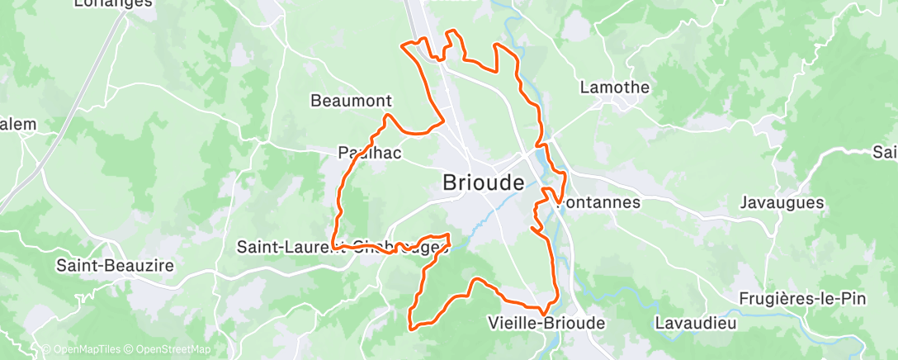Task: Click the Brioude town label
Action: click(483, 182)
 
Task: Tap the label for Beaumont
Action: click(350, 101)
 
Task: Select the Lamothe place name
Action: click(615, 87)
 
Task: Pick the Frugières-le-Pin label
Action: click(802, 299)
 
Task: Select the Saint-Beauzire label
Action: click(115, 266)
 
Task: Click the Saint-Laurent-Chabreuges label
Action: click(341, 247)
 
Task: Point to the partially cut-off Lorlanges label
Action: click(114, 3)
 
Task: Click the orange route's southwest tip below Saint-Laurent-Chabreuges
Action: click(410, 326)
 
